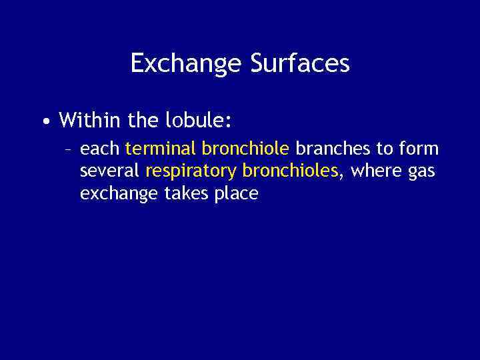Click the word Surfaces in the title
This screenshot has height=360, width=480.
point(300,64)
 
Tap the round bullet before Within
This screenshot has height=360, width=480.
point(44,122)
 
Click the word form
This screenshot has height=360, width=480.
point(419,148)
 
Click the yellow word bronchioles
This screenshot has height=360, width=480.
point(291,171)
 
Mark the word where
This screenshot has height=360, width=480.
point(374,171)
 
